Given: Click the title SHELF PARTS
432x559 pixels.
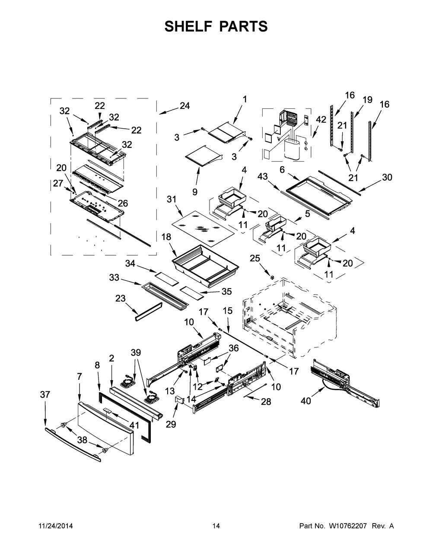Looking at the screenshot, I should pos(216,26).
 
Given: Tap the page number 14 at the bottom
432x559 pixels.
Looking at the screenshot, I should pos(216,526).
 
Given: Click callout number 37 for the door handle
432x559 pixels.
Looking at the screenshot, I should pos(45,394).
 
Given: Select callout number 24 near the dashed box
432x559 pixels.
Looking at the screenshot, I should pos(185,106).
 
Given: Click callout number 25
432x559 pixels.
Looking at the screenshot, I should pos(255,258).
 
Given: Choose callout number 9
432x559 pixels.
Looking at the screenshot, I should pos(194,191).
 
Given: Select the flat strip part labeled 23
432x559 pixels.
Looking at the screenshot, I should pos(148,311).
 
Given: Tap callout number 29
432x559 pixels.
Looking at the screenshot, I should pos(171,425).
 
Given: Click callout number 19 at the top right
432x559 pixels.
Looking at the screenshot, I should pos(367,100).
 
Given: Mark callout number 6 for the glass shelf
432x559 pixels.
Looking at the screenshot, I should pos(282,170).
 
